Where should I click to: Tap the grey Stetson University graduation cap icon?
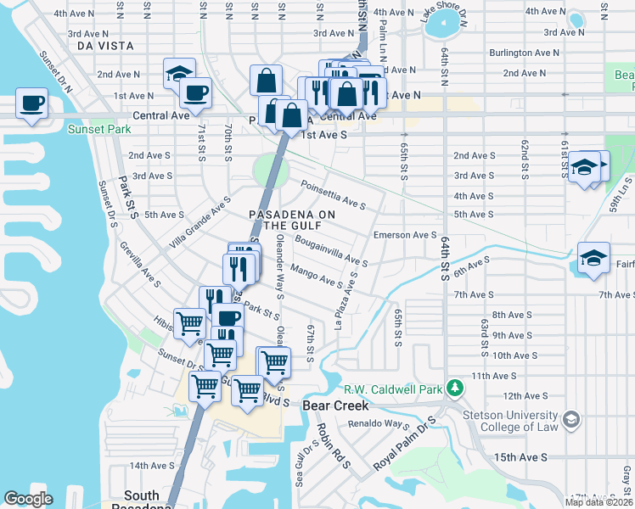pyautogui.click(x=571, y=419)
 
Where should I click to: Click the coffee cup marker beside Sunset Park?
pyautogui.click(x=32, y=104)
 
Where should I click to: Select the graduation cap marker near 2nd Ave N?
pyautogui.click(x=179, y=74)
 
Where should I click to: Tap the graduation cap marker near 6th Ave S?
pyautogui.click(x=593, y=259)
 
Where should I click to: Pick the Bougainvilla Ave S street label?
pyautogui.click(x=330, y=251)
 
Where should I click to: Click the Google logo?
pyautogui.click(x=28, y=499)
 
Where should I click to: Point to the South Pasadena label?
pyautogui.click(x=141, y=501)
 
